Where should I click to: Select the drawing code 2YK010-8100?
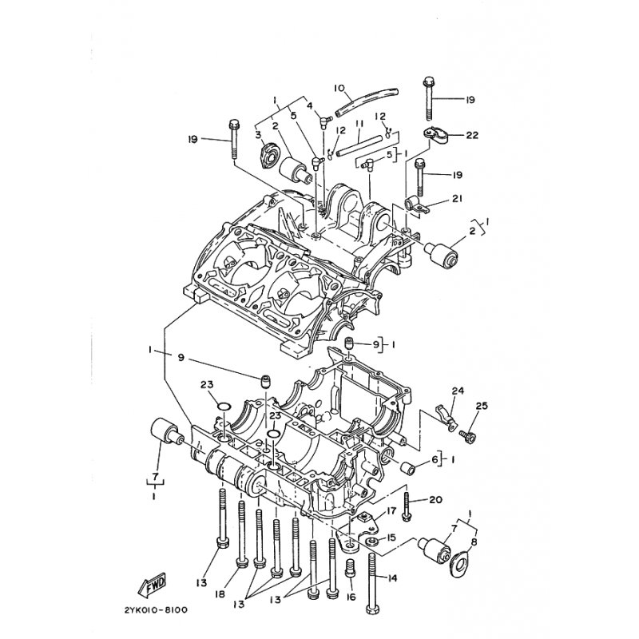pyautogui.click(x=155, y=610)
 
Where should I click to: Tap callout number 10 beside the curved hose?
pyautogui.click(x=339, y=88)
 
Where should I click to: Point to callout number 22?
pyautogui.click(x=472, y=134)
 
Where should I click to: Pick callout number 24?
pyautogui.click(x=458, y=391)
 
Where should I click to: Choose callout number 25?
pyautogui.click(x=482, y=407)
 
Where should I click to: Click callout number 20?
pyautogui.click(x=435, y=499)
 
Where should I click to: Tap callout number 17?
pyautogui.click(x=391, y=510)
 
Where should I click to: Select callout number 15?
pyautogui.click(x=391, y=538)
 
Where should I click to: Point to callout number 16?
pyautogui.click(x=351, y=597)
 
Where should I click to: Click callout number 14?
pyautogui.click(x=392, y=577)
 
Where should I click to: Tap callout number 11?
pyautogui.click(x=359, y=123)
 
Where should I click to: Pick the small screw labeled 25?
pyautogui.click(x=468, y=437)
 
